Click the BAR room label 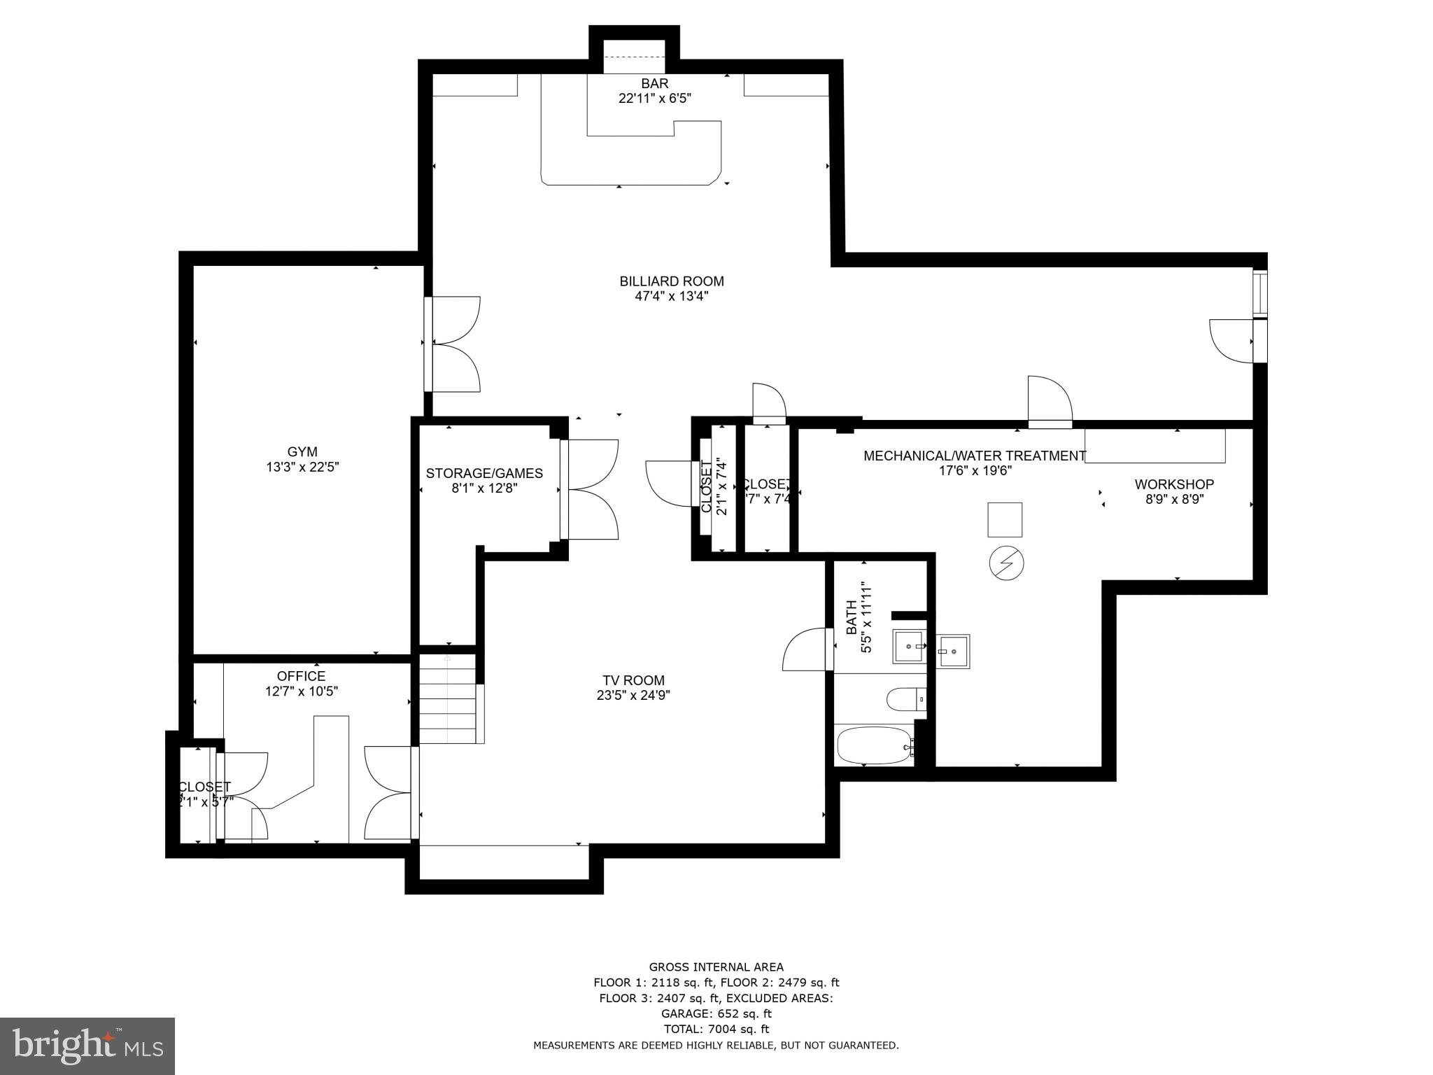tap(654, 83)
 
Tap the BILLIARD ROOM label tap(671, 281)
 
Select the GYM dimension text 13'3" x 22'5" tap(302, 468)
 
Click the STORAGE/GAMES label tap(484, 474)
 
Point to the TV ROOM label tap(633, 680)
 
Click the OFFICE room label tap(301, 676)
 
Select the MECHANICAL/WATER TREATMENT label tap(975, 456)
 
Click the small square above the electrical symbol tap(1005, 519)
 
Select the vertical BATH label tap(852, 617)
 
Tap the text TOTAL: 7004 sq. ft tap(716, 1029)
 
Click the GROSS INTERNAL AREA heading tap(716, 967)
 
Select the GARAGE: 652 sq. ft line tap(716, 1013)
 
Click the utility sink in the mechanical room tap(953, 652)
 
